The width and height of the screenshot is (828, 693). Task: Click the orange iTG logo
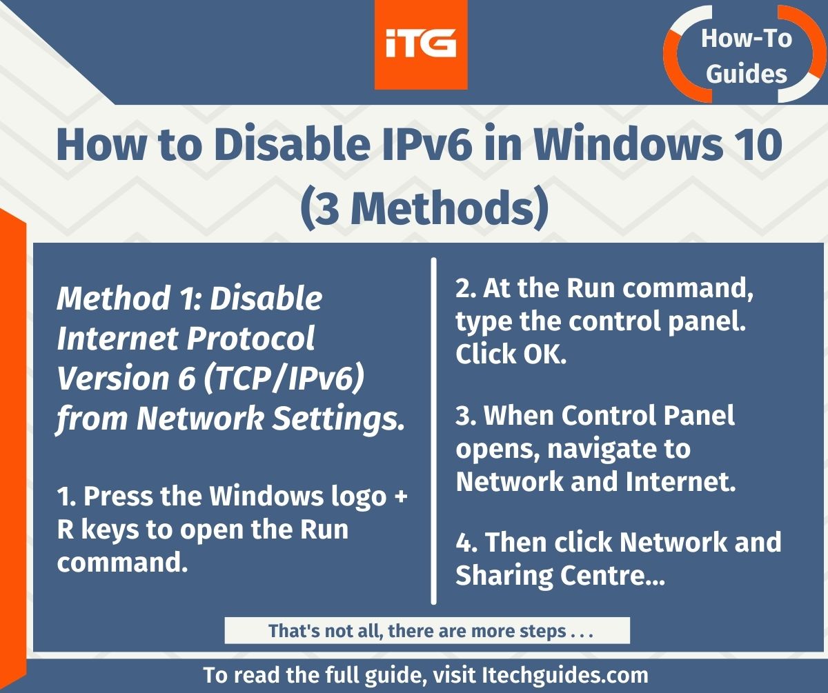pyautogui.click(x=421, y=45)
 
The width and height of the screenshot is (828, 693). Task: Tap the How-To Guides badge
pyautogui.click(x=746, y=55)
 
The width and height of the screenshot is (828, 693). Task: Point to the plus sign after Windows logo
pyautogui.click(x=400, y=497)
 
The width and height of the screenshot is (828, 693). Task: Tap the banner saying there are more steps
pyautogui.click(x=427, y=630)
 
